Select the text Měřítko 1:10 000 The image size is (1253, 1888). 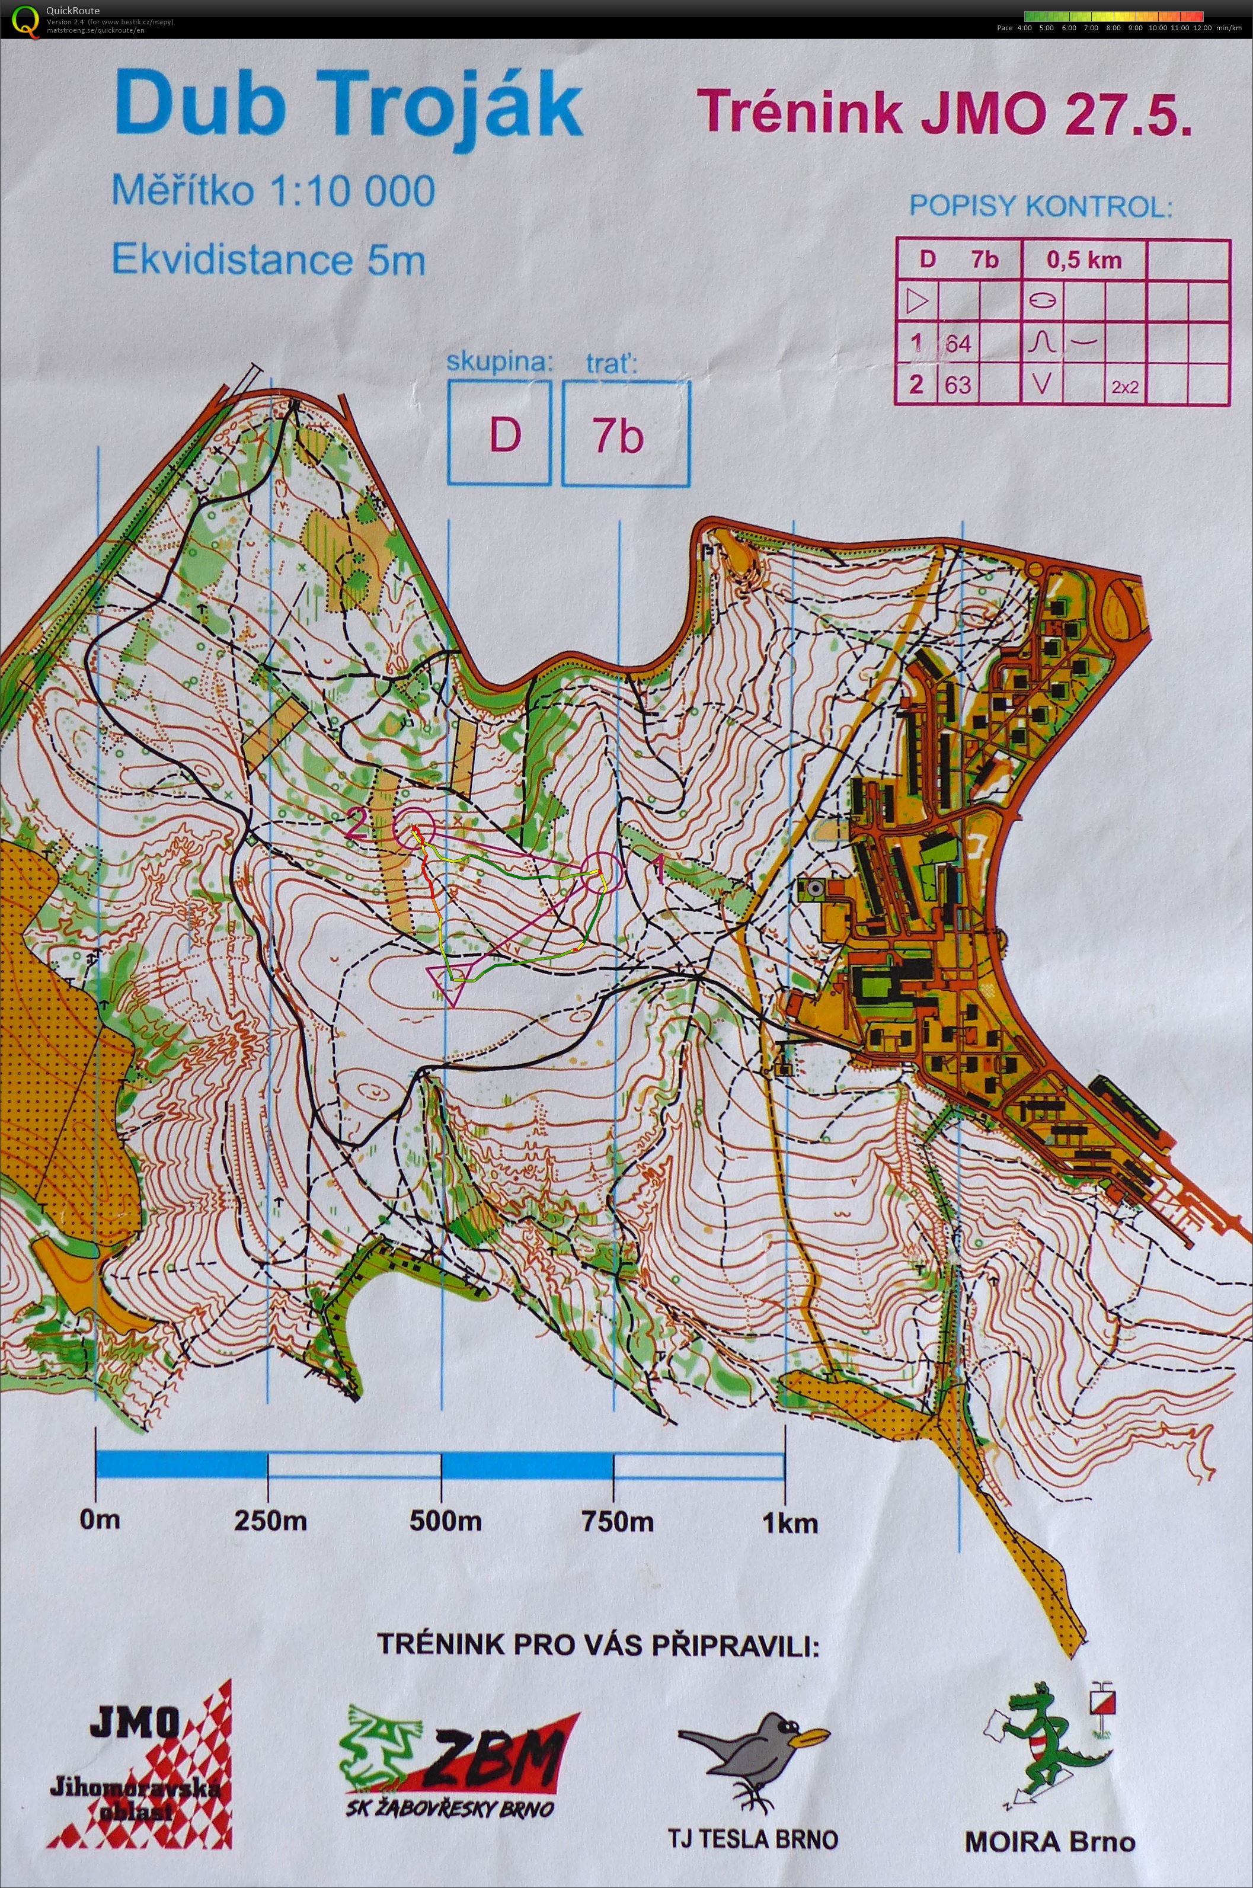click(273, 191)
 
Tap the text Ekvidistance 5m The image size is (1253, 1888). click(268, 260)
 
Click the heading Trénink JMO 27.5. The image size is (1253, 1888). click(945, 113)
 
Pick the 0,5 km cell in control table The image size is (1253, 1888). click(1083, 259)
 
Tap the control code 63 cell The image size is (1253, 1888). click(957, 385)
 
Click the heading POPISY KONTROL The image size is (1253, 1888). click(1040, 206)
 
